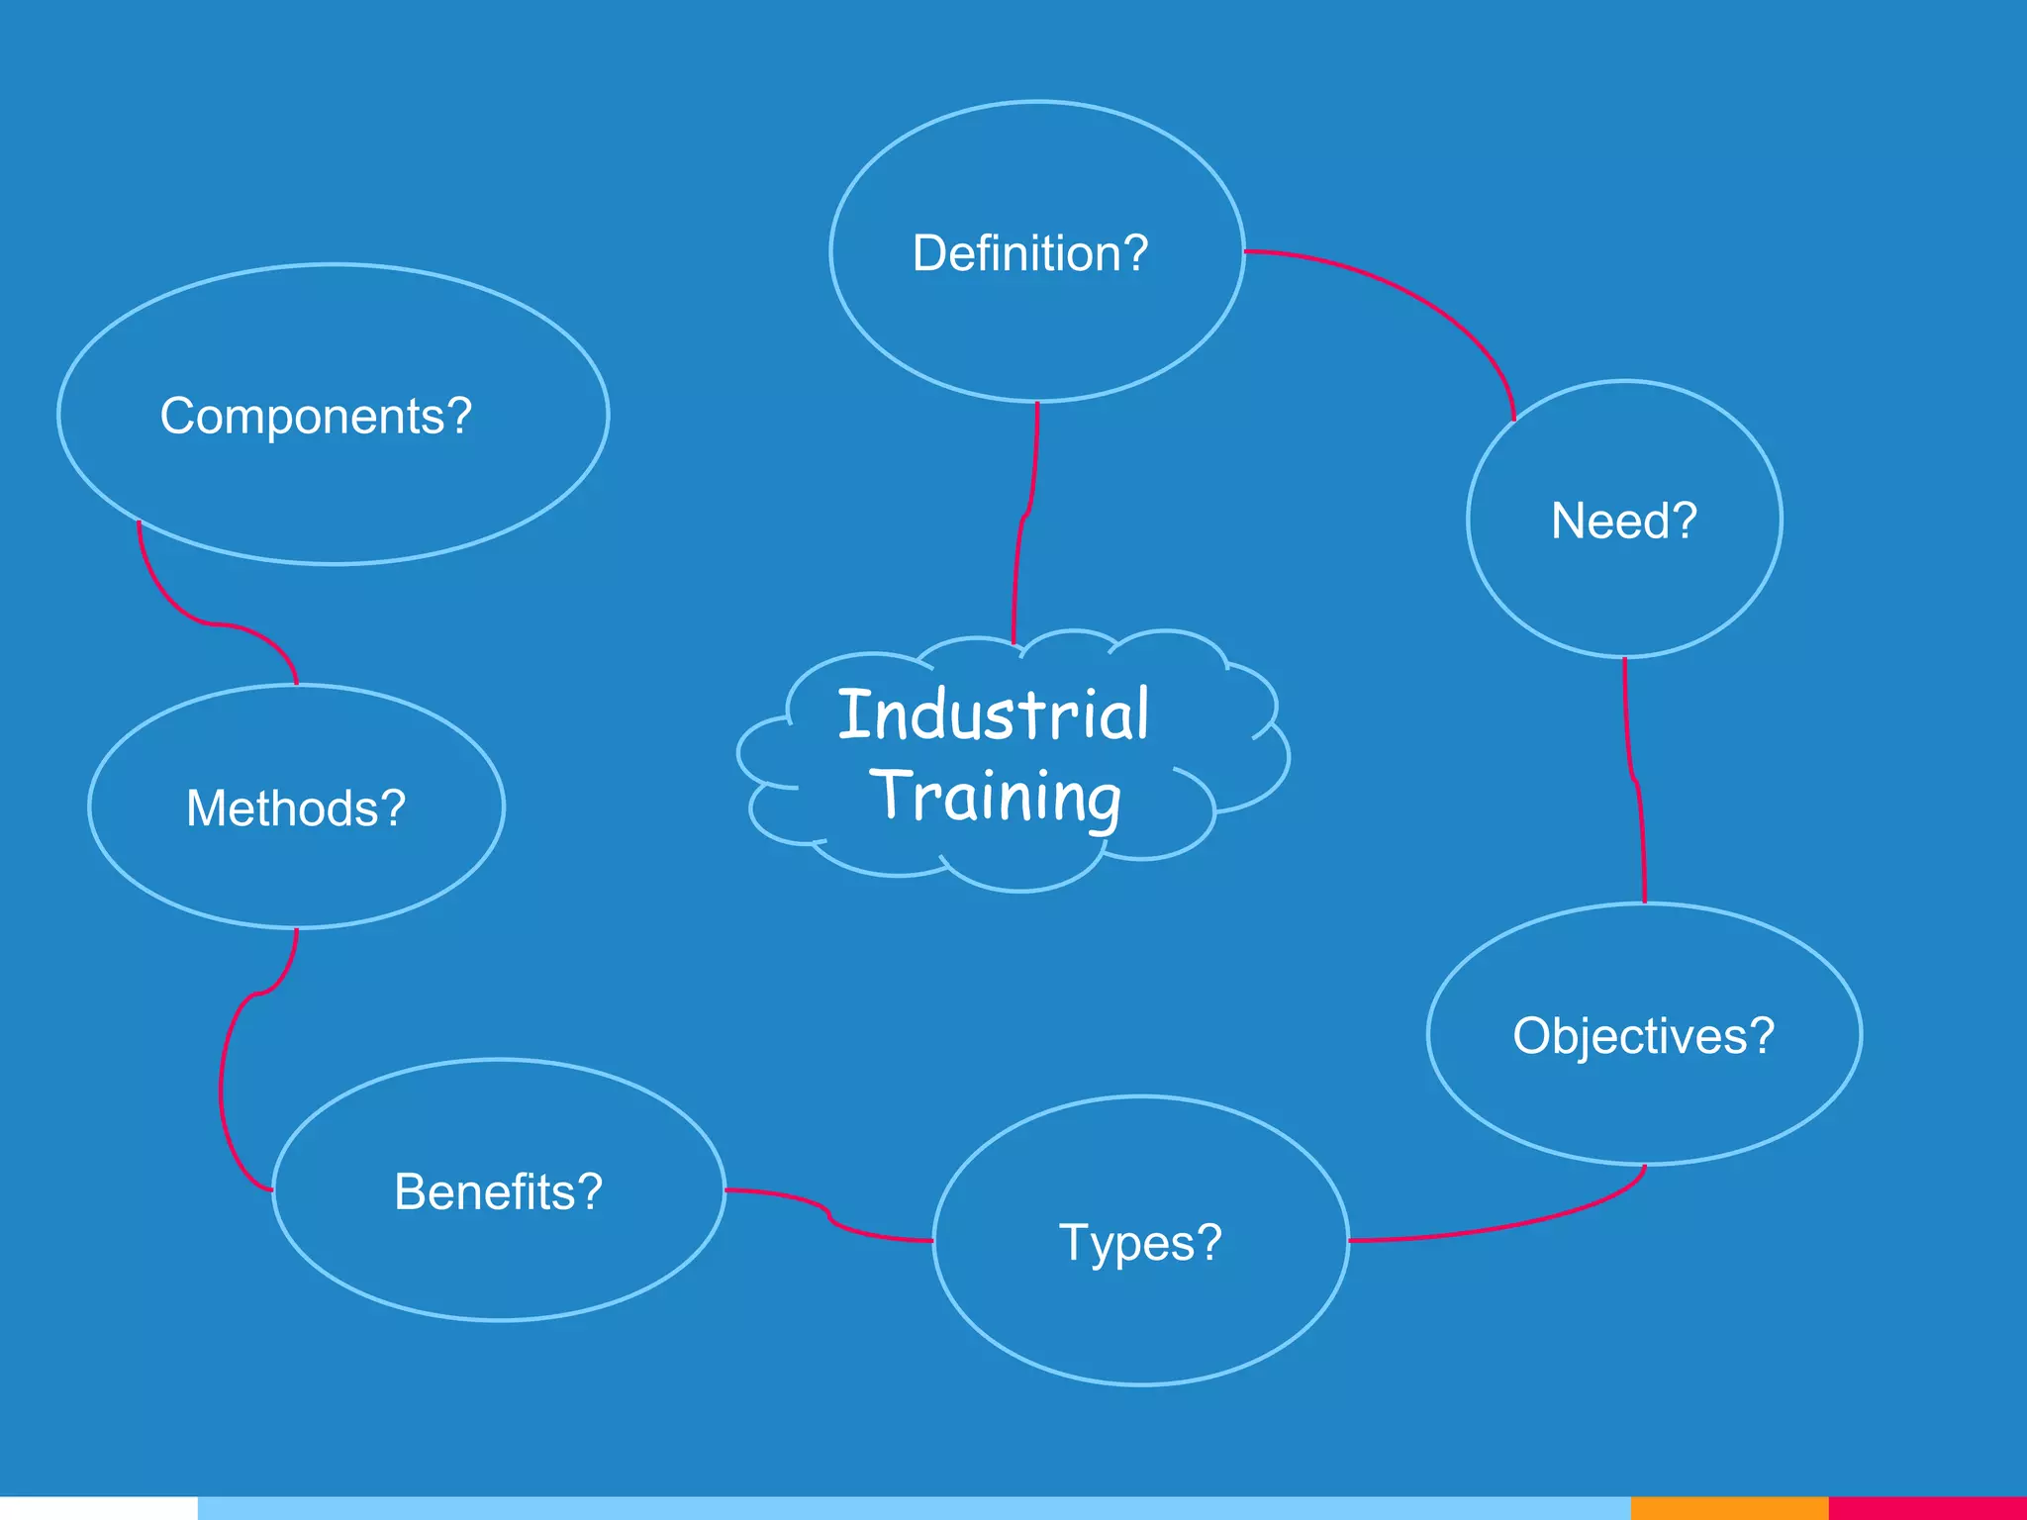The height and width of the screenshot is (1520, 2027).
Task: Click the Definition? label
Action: point(1029,253)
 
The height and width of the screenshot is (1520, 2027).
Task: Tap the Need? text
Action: point(1623,521)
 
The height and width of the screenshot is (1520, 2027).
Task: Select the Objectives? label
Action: point(1643,1036)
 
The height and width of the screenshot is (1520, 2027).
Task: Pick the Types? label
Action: point(1140,1242)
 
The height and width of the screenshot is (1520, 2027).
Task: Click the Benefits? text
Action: point(498,1191)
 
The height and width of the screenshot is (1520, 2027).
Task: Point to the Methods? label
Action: point(296,808)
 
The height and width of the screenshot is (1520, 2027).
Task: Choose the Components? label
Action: point(316,416)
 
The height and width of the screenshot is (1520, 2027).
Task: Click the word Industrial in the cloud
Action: point(993,714)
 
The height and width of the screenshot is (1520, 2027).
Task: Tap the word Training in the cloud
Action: point(996,796)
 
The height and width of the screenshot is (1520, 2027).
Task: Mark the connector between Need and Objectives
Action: point(1633,782)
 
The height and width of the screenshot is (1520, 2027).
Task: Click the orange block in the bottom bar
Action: point(1728,1508)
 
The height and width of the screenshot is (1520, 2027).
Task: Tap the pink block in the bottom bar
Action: point(1926,1508)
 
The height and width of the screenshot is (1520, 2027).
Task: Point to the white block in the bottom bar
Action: point(99,1508)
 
